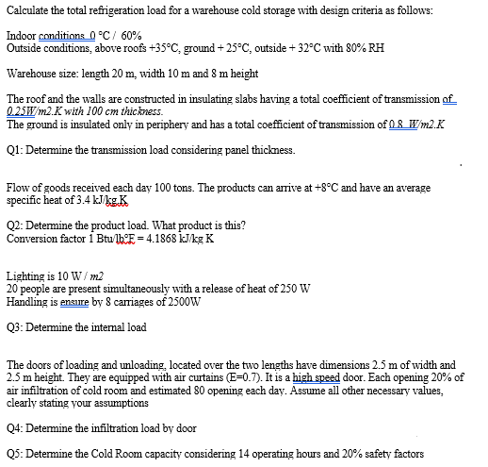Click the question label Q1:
click(x=15, y=150)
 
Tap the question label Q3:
click(x=15, y=326)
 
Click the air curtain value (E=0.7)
click(x=235, y=375)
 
